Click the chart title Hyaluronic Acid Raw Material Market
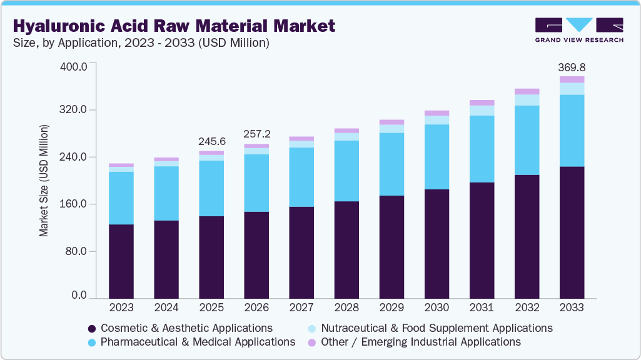[174, 26]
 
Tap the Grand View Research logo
[578, 30]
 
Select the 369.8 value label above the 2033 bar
[572, 67]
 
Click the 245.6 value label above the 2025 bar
[211, 141]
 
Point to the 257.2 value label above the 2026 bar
[256, 134]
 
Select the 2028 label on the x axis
[346, 307]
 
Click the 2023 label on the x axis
[121, 307]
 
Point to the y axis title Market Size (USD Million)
[44, 181]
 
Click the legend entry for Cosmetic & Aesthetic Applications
[180, 328]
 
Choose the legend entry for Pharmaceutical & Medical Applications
[191, 342]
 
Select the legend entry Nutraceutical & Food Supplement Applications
[430, 328]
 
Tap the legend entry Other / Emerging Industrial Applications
[414, 342]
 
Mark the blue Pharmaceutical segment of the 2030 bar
[437, 157]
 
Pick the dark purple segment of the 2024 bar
[166, 259]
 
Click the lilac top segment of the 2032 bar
[527, 91]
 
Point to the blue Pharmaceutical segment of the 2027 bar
[301, 177]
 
